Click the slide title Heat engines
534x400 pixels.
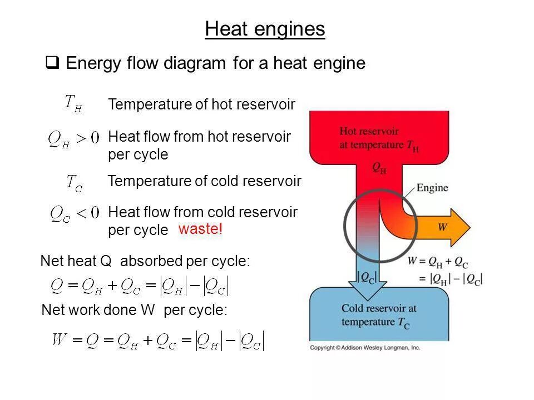point(265,29)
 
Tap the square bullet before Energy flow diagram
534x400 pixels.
point(52,63)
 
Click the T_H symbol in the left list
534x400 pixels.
point(73,103)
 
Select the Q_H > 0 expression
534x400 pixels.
point(73,138)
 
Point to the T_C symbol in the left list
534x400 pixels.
point(74,183)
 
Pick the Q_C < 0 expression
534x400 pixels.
point(74,213)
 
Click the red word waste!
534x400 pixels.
point(200,229)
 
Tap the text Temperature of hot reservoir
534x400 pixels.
point(201,104)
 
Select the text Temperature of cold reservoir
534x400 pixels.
point(204,182)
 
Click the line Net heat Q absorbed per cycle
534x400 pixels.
point(146,261)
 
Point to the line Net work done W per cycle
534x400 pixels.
point(135,311)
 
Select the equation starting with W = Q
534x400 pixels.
point(157,340)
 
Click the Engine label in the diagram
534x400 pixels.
point(432,188)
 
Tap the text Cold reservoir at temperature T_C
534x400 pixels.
point(379,314)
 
